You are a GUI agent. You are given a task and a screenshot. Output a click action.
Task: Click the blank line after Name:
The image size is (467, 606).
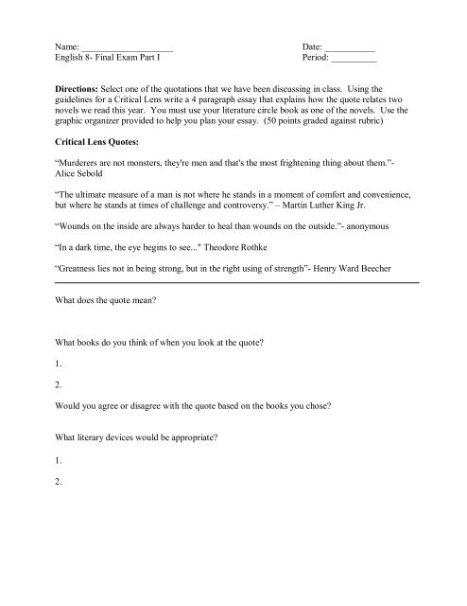[x=127, y=46]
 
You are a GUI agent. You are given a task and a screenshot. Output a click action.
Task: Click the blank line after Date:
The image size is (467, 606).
[x=350, y=46]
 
